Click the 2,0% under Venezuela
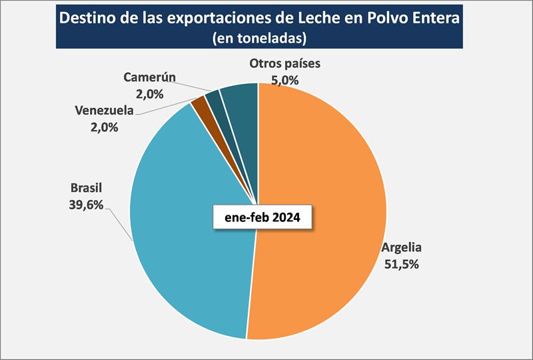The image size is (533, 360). tap(106, 125)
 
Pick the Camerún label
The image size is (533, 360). tap(149, 77)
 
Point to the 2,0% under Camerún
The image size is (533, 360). tap(149, 93)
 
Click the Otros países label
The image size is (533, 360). tap(285, 64)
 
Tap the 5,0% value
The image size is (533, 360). tap(284, 80)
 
